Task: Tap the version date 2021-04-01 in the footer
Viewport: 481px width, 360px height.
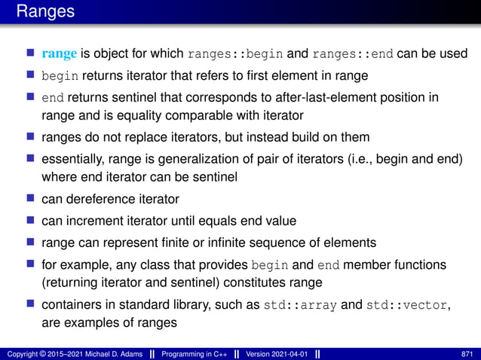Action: pyautogui.click(x=292, y=353)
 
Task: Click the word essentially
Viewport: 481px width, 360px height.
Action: pyautogui.click(x=74, y=159)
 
